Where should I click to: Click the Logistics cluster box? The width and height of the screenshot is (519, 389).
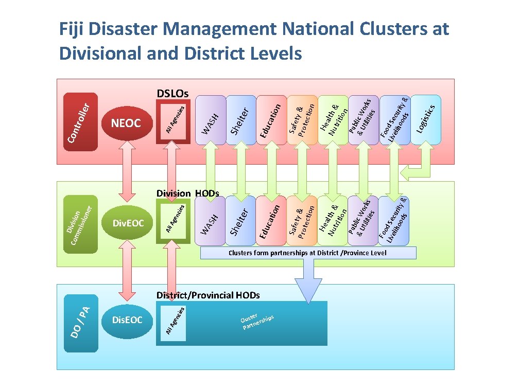pos(425,119)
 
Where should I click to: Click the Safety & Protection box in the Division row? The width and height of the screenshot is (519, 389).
pos(302,220)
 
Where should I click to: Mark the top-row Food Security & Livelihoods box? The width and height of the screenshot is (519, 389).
pos(394,119)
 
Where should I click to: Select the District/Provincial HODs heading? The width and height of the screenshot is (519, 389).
pos(208,295)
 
